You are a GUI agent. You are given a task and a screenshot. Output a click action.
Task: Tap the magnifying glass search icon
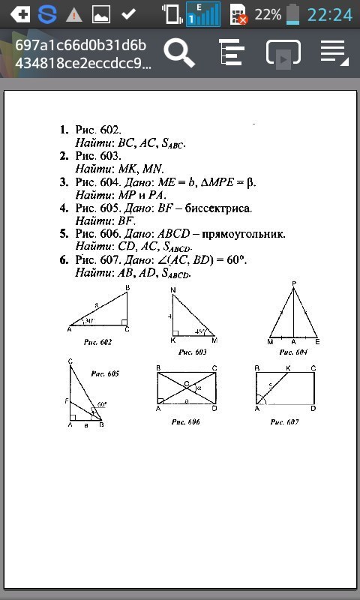click(x=180, y=53)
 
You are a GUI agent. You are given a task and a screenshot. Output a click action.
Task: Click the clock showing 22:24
click(x=330, y=14)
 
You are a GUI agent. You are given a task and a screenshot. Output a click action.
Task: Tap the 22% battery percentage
click(x=267, y=14)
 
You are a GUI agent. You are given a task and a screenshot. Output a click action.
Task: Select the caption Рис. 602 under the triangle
click(x=98, y=341)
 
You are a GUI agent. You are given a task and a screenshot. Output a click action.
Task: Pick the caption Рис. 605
click(x=105, y=373)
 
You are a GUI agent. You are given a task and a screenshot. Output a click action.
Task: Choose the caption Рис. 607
click(x=285, y=422)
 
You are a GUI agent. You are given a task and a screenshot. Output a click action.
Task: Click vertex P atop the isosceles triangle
click(x=293, y=283)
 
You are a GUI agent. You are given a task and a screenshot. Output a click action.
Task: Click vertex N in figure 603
click(x=172, y=289)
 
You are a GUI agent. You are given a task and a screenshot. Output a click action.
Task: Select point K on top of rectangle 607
click(x=288, y=368)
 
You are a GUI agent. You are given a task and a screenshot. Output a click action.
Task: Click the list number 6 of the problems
click(x=64, y=259)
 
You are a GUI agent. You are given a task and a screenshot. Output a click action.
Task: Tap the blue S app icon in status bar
click(x=47, y=13)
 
